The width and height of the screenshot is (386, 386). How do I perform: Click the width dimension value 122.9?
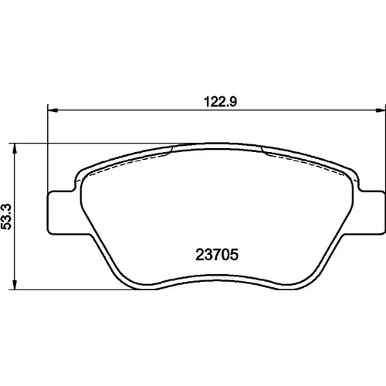[x=220, y=102]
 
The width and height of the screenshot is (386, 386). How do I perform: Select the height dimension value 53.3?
[x=6, y=217]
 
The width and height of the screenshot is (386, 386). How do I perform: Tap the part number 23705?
[x=217, y=255]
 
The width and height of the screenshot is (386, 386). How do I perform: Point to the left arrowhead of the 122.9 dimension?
[x=53, y=110]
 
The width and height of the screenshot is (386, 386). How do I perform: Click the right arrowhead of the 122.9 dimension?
[x=381, y=110]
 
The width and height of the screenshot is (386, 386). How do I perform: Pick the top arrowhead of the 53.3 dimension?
[x=15, y=148]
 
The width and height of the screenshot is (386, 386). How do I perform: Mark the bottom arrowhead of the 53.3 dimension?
[x=15, y=285]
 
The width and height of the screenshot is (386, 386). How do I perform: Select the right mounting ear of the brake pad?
[x=371, y=212]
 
